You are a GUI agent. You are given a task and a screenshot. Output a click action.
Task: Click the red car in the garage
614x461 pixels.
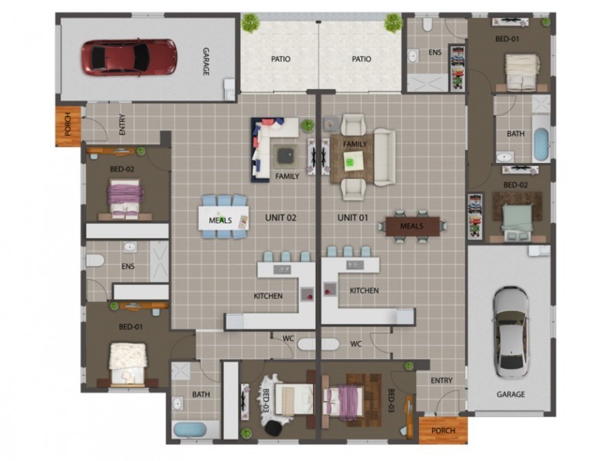click(x=129, y=58)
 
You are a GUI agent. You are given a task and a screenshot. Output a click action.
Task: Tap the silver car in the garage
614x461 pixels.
click(x=510, y=333)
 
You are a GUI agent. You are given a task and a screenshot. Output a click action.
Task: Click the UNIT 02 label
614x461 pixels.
click(x=281, y=217)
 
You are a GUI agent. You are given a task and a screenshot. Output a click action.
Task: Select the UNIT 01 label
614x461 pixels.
click(x=352, y=217)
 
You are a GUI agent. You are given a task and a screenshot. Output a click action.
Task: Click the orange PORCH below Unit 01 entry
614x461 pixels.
click(x=443, y=430)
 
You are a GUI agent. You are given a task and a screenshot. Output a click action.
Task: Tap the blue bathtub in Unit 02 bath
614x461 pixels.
click(x=190, y=430)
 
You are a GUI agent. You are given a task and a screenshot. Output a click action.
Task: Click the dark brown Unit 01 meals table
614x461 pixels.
click(x=412, y=226)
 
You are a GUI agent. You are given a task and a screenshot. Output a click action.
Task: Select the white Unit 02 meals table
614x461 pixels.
click(x=223, y=217)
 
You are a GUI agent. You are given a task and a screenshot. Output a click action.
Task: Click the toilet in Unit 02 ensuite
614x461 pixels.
click(x=94, y=260)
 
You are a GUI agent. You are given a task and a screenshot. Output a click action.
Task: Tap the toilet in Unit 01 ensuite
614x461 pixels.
click(x=427, y=25)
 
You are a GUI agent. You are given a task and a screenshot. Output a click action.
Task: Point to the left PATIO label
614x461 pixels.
click(x=281, y=59)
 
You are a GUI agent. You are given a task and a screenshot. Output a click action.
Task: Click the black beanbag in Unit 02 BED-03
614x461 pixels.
click(x=274, y=427)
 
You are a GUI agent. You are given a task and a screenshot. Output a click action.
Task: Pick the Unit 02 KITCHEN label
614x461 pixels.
click(x=268, y=296)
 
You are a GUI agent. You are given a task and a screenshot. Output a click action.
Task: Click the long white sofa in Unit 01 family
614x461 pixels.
click(x=385, y=157)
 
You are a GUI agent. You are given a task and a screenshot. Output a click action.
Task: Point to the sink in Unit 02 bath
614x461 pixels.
click(x=178, y=403)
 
